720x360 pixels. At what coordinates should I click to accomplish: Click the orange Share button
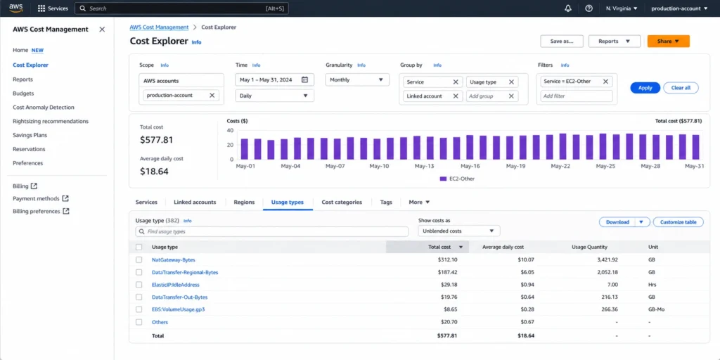[668, 41]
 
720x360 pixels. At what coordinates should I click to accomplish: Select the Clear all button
[681, 88]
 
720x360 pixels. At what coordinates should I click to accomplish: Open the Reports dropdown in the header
[615, 41]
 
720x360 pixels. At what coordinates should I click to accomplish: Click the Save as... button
[562, 41]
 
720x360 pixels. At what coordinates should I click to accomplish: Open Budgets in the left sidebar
[23, 94]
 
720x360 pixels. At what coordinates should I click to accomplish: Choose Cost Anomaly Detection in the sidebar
[44, 108]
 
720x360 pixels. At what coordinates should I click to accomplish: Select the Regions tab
[244, 202]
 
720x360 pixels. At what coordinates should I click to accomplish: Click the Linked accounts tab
[195, 202]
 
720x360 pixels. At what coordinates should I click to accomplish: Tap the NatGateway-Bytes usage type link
[174, 260]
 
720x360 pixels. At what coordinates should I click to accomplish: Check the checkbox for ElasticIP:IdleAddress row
[139, 285]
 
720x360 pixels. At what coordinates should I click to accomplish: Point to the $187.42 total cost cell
[447, 272]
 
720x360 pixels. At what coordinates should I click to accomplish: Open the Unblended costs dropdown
[459, 231]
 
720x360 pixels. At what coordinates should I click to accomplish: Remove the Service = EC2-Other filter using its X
[605, 82]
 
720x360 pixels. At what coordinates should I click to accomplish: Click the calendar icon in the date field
[305, 79]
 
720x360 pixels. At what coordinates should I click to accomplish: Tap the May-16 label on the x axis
[470, 166]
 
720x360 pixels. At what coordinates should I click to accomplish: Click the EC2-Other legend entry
[457, 179]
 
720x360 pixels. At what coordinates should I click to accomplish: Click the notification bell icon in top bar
[568, 8]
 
